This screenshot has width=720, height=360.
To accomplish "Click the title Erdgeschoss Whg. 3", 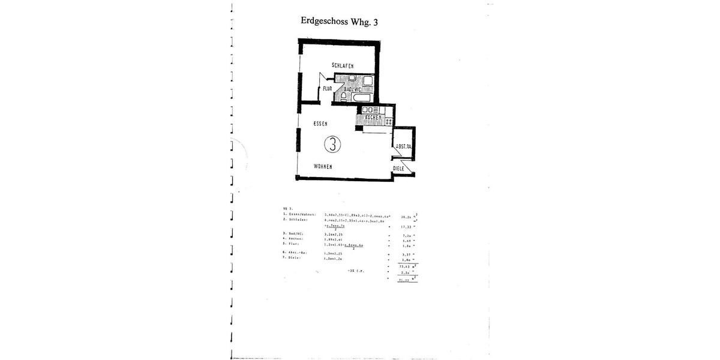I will [x=340, y=21].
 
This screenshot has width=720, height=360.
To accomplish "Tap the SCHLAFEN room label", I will [x=342, y=65].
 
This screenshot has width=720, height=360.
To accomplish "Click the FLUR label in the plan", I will [x=327, y=89].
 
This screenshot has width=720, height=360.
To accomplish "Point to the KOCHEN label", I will [x=373, y=117].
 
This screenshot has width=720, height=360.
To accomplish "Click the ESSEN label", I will [x=320, y=124].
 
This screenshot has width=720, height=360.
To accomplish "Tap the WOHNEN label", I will [x=323, y=166].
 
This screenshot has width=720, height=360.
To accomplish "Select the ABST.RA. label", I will [x=403, y=147].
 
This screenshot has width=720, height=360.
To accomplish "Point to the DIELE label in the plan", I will [x=398, y=169].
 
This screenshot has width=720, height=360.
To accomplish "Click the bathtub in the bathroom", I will [x=363, y=97].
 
